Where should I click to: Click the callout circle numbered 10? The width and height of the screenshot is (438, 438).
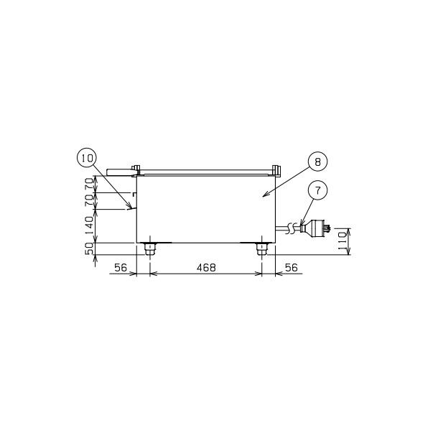pyautogui.click(x=87, y=158)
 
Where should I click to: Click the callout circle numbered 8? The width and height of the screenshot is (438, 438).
pyautogui.click(x=317, y=162)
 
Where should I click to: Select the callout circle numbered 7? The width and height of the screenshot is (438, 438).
pyautogui.click(x=317, y=190)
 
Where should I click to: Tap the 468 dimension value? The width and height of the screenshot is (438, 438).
pyautogui.click(x=206, y=268)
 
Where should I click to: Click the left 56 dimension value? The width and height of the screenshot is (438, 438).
pyautogui.click(x=121, y=268)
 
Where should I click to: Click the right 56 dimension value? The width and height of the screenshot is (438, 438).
pyautogui.click(x=292, y=268)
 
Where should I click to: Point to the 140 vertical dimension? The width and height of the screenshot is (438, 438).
pyautogui.click(x=89, y=225)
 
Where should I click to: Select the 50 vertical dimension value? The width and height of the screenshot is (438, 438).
pyautogui.click(x=89, y=248)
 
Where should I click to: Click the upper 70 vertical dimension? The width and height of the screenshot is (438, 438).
pyautogui.click(x=89, y=184)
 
